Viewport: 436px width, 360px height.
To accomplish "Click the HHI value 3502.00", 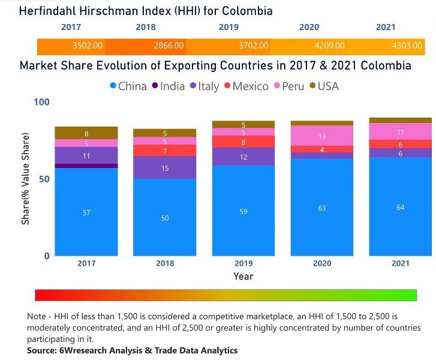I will tap(88, 46).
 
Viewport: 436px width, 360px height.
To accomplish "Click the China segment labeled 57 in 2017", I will tap(86, 212).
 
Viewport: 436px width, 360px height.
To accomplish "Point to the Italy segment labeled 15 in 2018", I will tap(165, 168).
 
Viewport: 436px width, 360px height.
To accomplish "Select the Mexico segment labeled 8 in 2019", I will tap(243, 142).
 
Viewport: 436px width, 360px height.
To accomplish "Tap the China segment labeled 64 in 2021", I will tap(400, 206).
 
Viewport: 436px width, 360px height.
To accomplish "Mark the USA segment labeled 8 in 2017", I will tap(86, 133).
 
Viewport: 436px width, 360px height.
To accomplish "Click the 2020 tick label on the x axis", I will tap(321, 263).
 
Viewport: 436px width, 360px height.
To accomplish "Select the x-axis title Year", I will tap(243, 277).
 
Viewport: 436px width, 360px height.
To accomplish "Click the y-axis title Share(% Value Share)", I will tap(26, 179).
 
